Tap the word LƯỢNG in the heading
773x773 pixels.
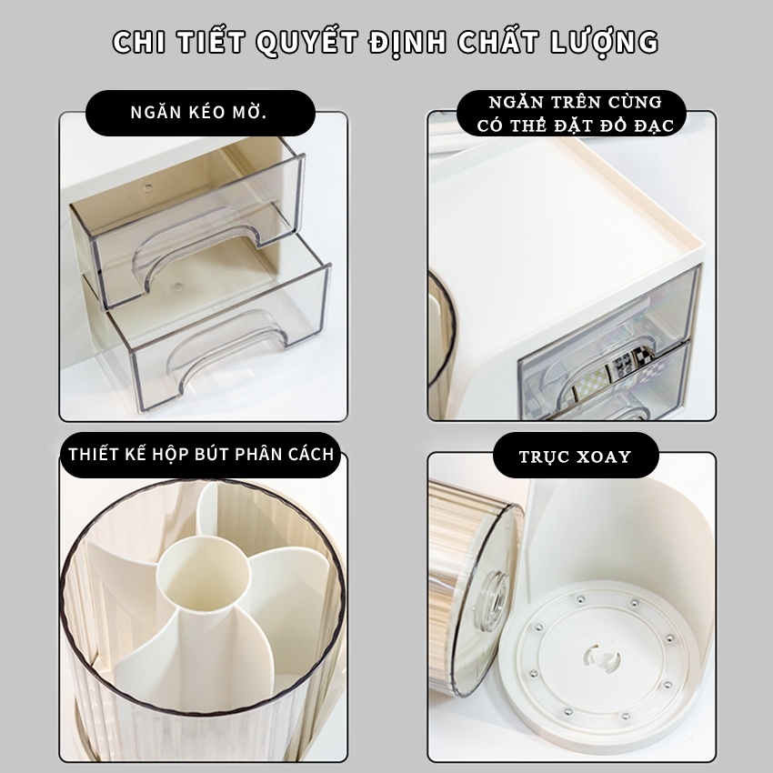point(605,43)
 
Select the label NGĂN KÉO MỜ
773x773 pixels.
point(198,112)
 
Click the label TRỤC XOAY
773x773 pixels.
point(575,457)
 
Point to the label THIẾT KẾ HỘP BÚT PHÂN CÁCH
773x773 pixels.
point(201,454)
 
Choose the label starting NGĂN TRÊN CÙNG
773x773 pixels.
point(575,114)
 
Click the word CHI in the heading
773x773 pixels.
point(139,42)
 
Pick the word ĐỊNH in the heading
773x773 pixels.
point(407,43)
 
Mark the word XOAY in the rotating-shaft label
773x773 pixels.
point(604,457)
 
